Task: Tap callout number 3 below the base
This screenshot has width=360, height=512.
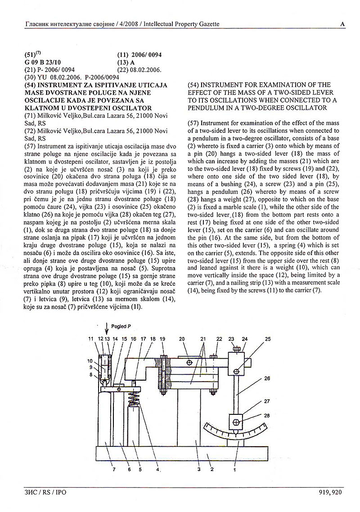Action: (198, 470)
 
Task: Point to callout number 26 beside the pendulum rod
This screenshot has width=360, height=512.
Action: (267, 378)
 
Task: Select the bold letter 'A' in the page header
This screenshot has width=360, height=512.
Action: (343, 24)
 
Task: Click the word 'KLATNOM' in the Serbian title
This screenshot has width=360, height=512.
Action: (40, 108)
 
